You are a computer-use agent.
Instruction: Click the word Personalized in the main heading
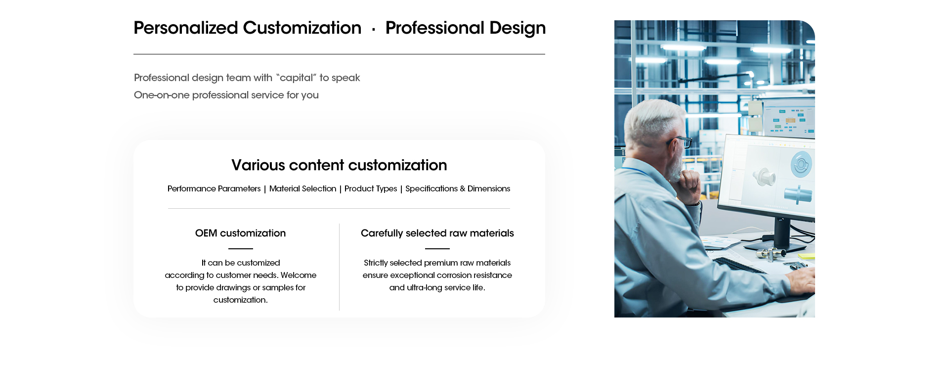186,28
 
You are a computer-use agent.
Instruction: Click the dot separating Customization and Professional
374,30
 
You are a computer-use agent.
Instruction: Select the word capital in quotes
297,78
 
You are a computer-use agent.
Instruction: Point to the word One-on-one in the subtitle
162,95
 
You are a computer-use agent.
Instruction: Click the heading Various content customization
339,165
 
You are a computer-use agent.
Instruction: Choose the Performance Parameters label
214,188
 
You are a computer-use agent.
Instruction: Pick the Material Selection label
302,188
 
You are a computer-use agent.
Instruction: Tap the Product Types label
371,189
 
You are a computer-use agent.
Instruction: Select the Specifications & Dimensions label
458,189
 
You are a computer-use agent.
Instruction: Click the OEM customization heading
240,233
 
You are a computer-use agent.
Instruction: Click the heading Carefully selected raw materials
437,233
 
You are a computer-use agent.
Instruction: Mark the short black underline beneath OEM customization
241,249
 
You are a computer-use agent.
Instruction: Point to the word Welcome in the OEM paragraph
299,275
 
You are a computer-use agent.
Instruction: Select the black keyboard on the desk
739,265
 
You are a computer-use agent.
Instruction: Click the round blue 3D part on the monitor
801,164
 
